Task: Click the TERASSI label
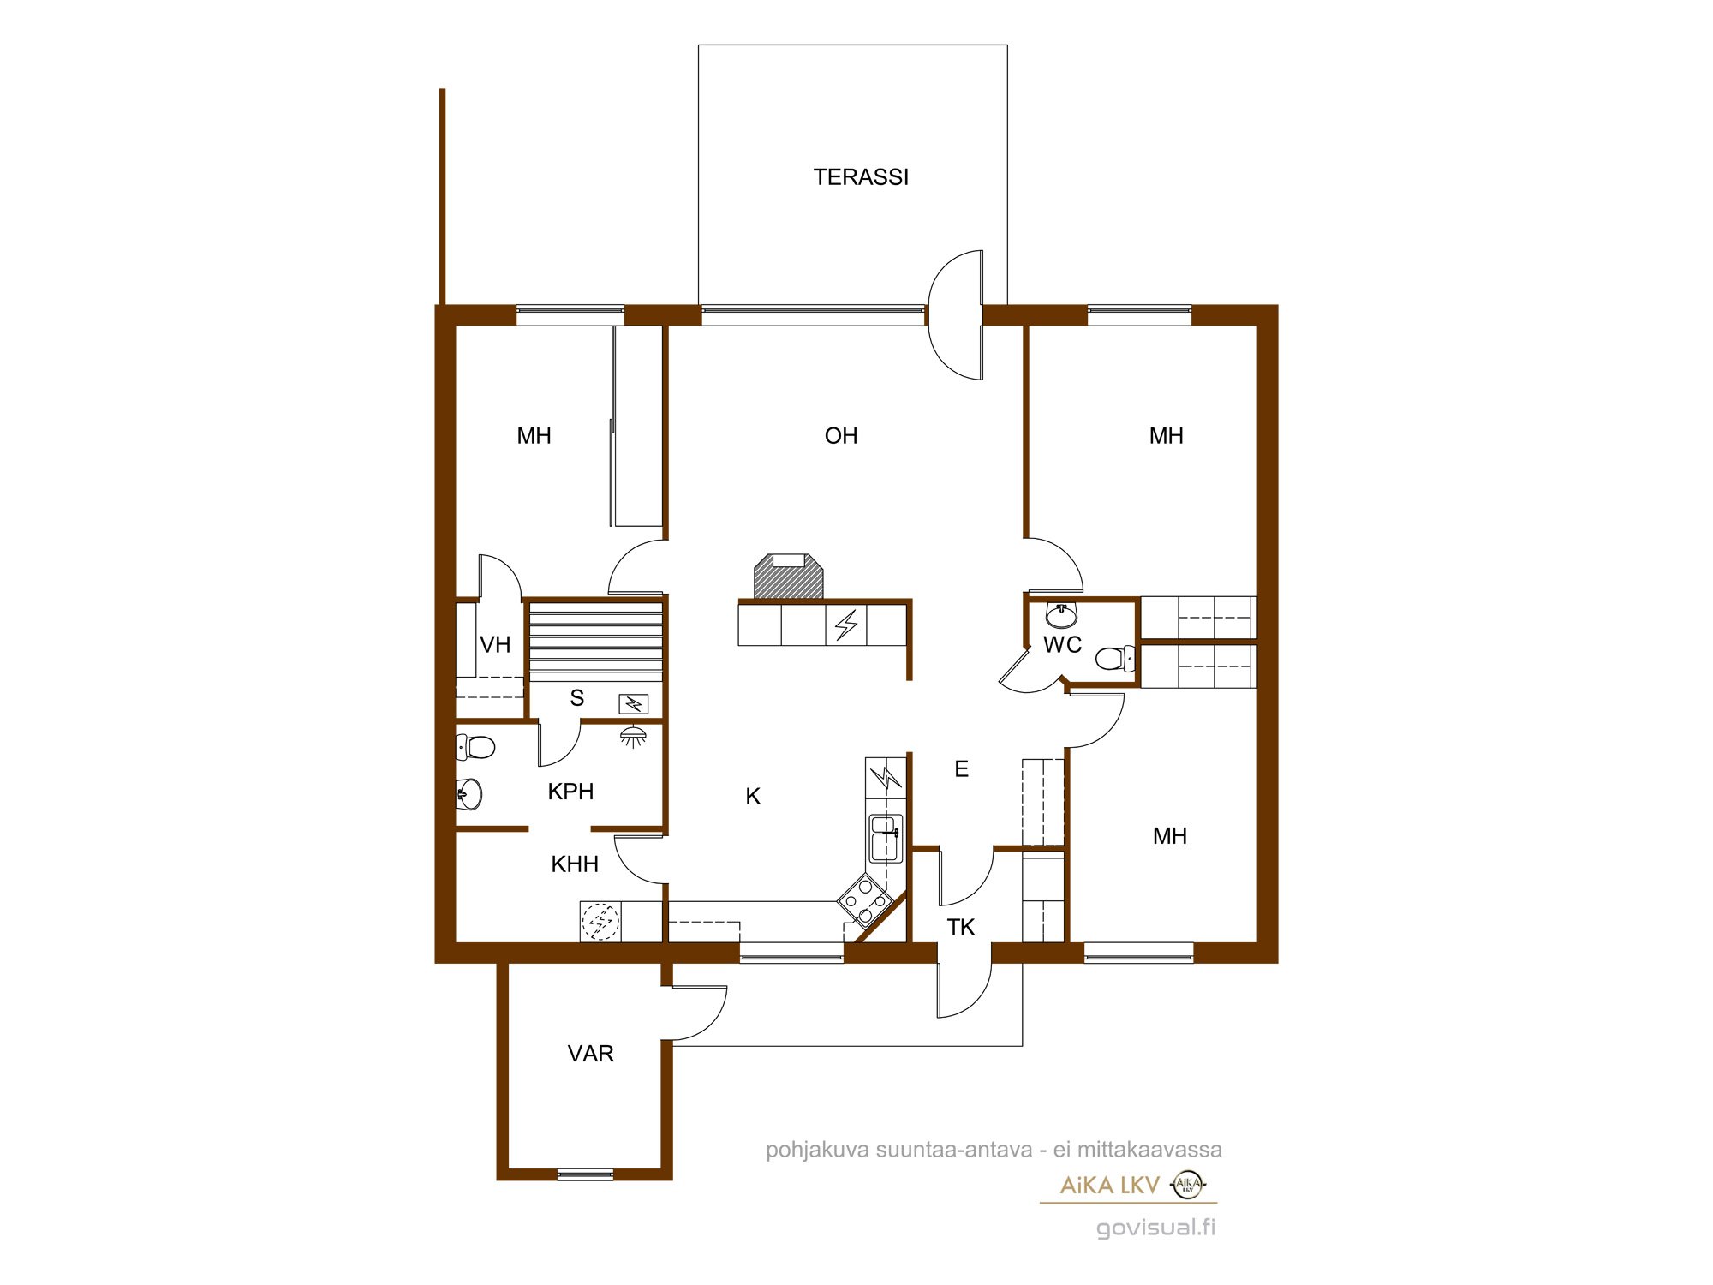coord(861,177)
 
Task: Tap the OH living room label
coord(841,436)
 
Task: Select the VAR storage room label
coord(591,1054)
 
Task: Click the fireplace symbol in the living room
coord(788,577)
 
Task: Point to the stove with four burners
coord(865,899)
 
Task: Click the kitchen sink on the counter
coord(886,838)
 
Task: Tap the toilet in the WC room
coord(1115,658)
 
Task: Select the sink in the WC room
coord(1062,614)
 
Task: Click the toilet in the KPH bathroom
coord(475,747)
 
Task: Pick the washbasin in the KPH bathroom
coord(469,794)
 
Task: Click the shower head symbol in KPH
coord(633,736)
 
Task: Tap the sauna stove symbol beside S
coord(634,704)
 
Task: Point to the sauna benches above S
coord(596,642)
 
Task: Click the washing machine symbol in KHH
coord(600,922)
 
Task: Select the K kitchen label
coord(753,797)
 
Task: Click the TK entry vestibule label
coord(961,927)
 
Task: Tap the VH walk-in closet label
coord(495,644)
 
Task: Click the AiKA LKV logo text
coord(1110,1186)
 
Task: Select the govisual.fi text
coord(1156,1228)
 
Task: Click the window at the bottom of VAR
coord(586,1174)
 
